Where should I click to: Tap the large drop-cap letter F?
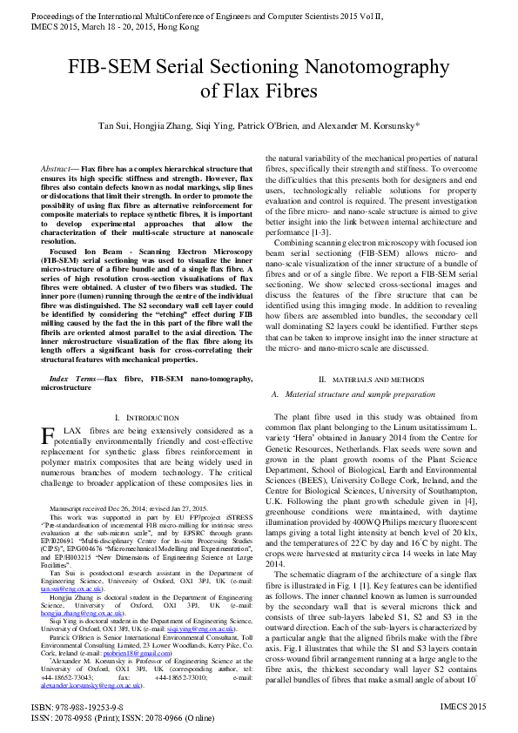50,435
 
